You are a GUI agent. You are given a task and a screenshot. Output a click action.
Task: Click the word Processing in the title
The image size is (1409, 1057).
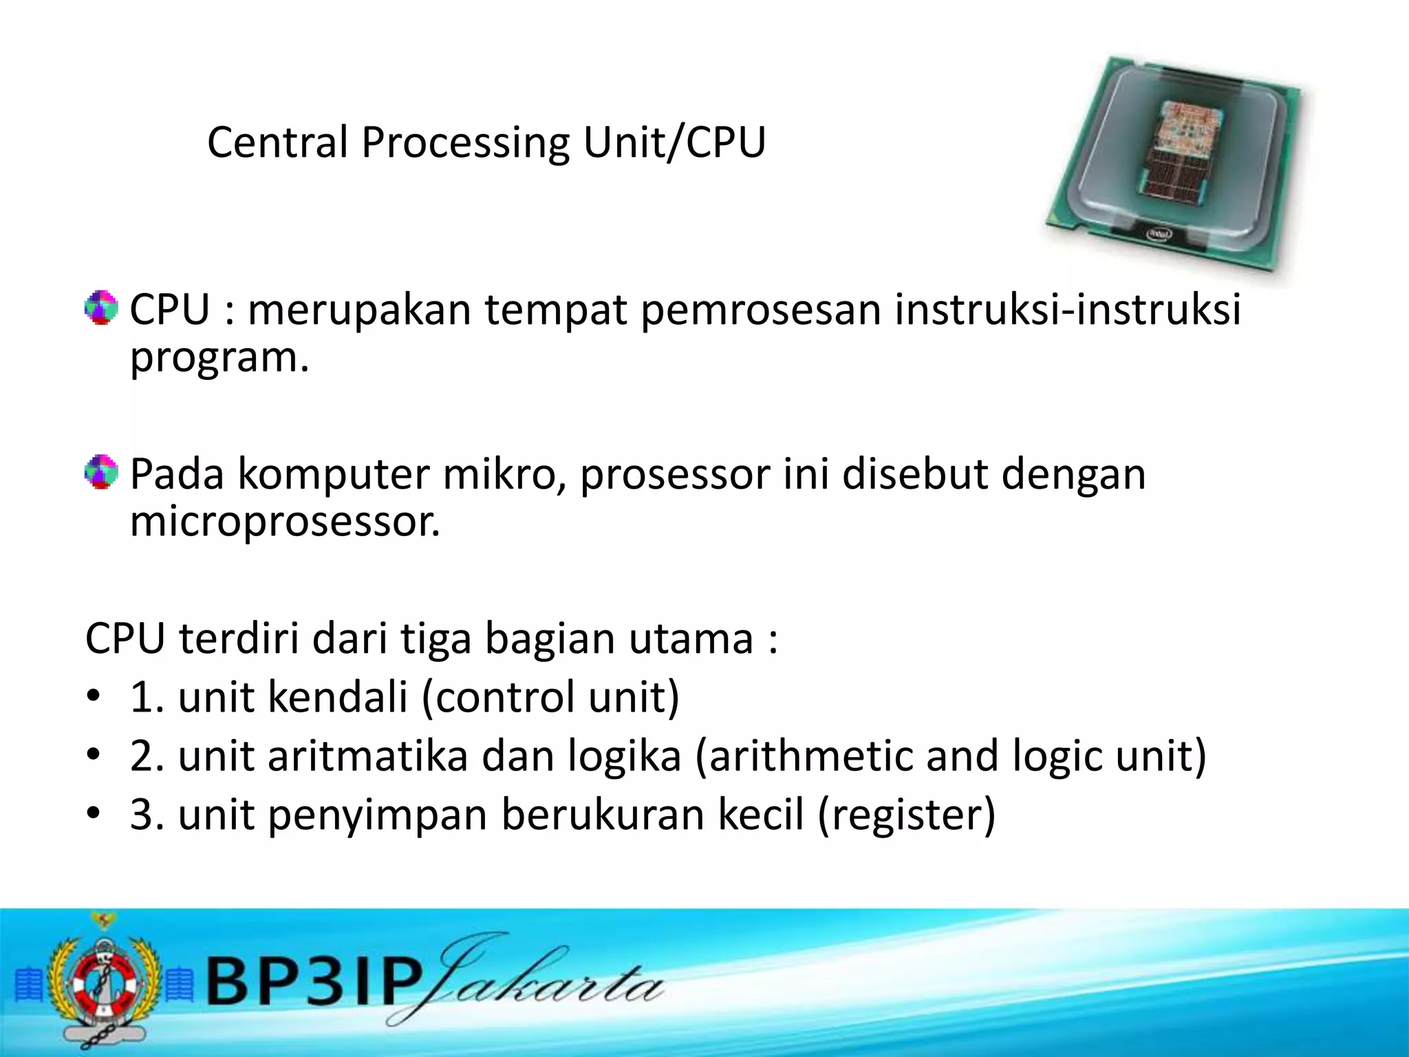[464, 143]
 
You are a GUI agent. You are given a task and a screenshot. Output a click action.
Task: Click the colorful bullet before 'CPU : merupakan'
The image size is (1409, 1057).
[101, 308]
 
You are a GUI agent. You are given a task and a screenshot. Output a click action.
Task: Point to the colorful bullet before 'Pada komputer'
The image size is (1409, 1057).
[101, 472]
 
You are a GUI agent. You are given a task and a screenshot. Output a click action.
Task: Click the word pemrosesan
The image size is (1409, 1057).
[761, 310]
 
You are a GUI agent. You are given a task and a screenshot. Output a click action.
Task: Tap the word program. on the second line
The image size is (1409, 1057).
[219, 358]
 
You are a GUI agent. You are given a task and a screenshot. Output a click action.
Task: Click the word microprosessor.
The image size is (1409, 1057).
[285, 521]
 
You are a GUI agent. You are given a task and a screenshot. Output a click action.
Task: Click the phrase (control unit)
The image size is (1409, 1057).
[550, 697]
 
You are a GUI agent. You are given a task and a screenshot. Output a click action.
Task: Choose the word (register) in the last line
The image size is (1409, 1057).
[906, 815]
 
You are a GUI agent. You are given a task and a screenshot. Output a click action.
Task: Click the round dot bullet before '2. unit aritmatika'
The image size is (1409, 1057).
[94, 756]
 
